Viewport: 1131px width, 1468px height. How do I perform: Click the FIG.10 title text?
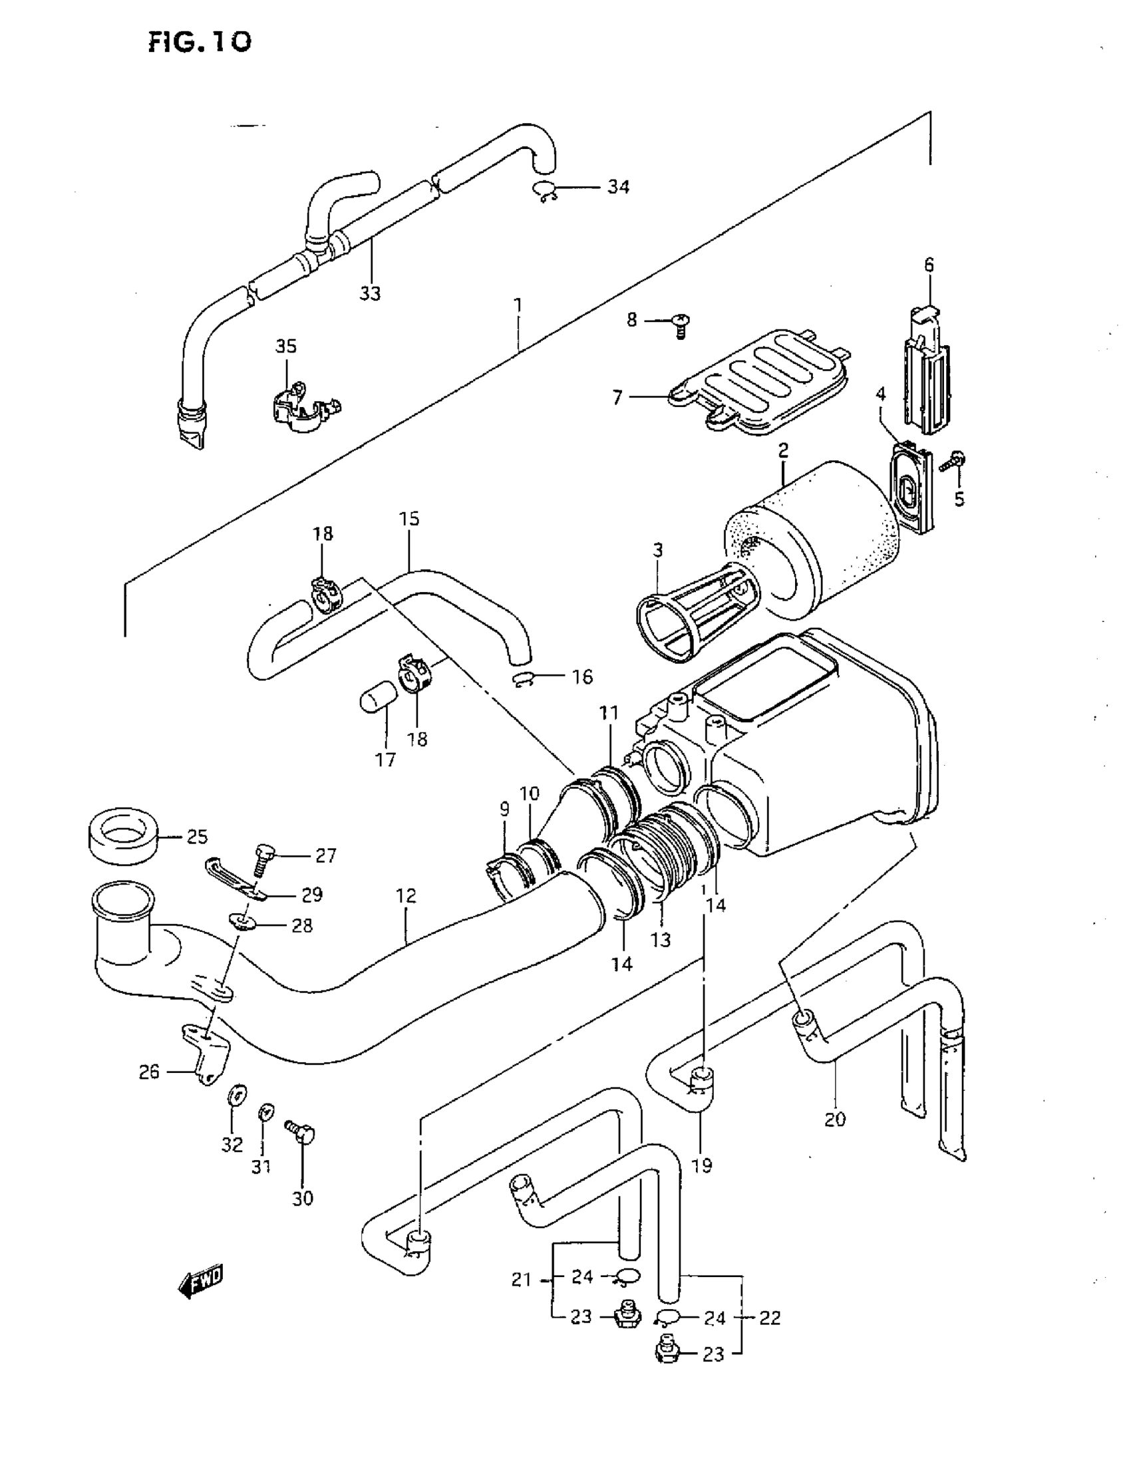click(200, 42)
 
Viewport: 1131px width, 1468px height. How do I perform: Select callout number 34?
click(618, 187)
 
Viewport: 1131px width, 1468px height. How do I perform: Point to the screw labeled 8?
click(681, 326)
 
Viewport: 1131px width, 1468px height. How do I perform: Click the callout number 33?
click(370, 294)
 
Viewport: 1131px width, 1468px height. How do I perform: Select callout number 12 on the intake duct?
click(406, 895)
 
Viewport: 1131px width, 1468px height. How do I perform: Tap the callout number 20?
click(834, 1119)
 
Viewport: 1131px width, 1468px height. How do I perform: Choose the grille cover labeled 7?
click(760, 383)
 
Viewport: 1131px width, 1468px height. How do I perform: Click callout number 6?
click(929, 265)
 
